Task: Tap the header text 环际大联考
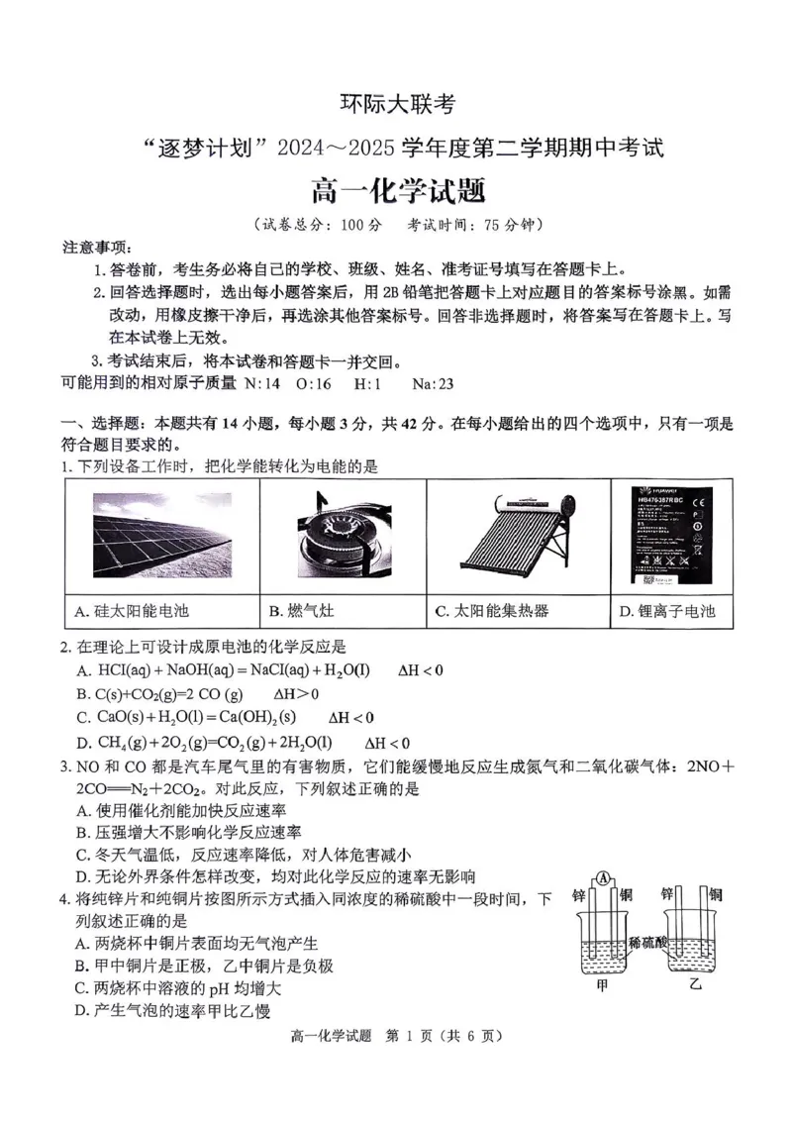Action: coord(397,103)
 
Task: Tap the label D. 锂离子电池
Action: coord(666,611)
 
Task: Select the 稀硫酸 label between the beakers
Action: coord(647,942)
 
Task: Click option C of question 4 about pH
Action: coord(178,987)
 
